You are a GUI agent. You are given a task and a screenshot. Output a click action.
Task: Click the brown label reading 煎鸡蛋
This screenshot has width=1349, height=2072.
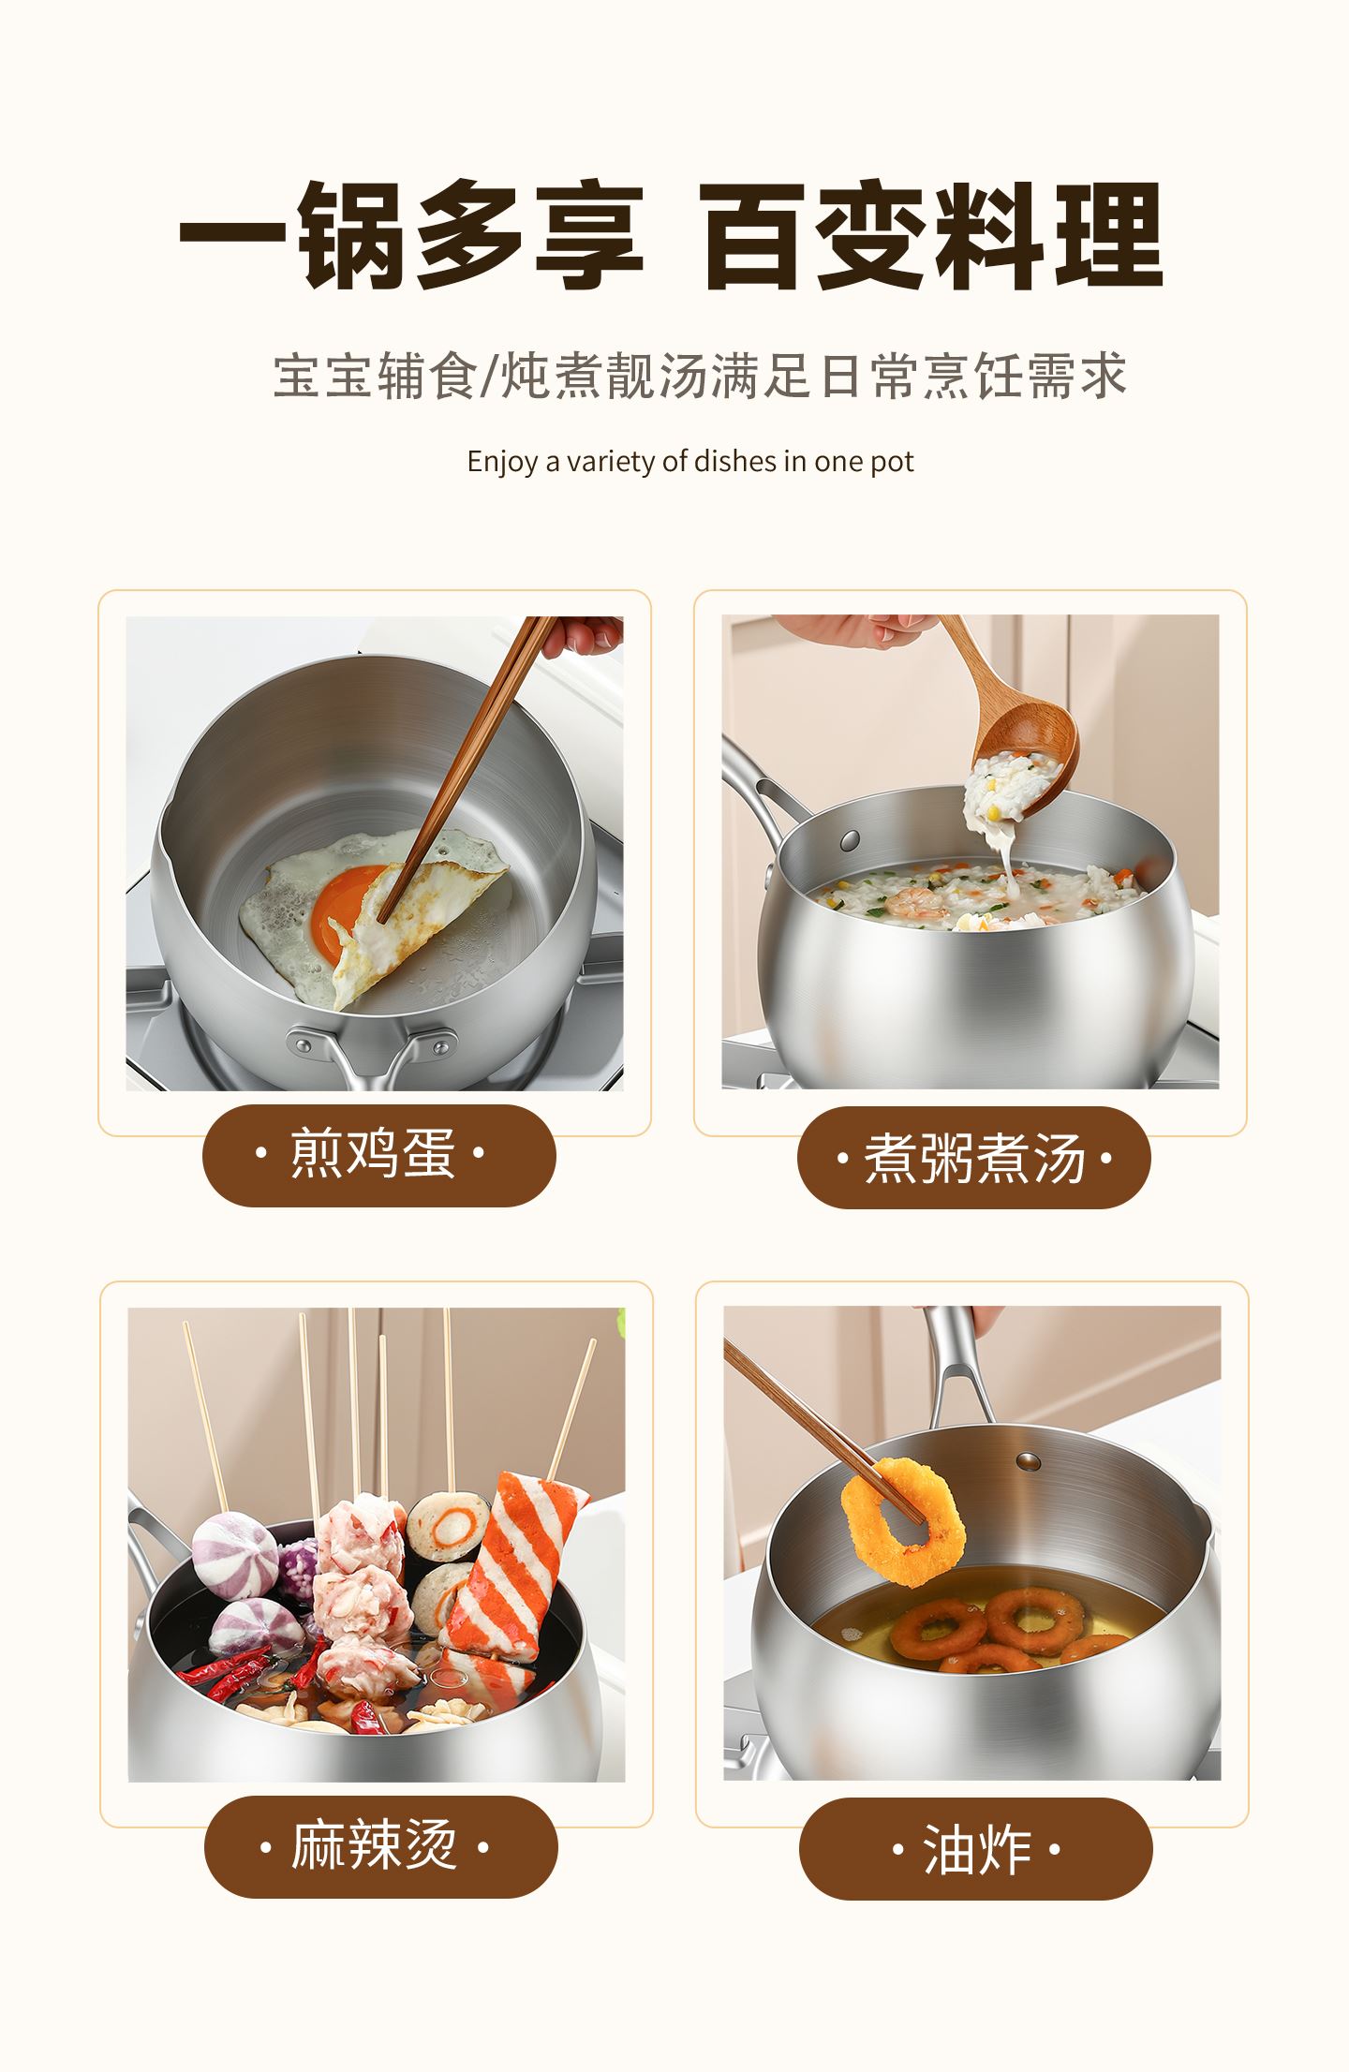pyautogui.click(x=379, y=1156)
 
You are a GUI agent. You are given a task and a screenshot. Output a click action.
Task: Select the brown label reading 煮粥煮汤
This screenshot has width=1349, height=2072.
pyautogui.click(x=973, y=1158)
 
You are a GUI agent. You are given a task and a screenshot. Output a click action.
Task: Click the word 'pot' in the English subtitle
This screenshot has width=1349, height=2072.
pyautogui.click(x=893, y=463)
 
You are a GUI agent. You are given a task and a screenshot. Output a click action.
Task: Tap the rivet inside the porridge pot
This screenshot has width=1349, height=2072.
pyautogui.click(x=851, y=837)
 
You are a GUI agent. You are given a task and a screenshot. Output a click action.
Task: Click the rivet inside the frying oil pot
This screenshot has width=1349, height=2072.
pyautogui.click(x=1029, y=1460)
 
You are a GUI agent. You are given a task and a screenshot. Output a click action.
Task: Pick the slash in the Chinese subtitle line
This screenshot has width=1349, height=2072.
pyautogui.click(x=490, y=377)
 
